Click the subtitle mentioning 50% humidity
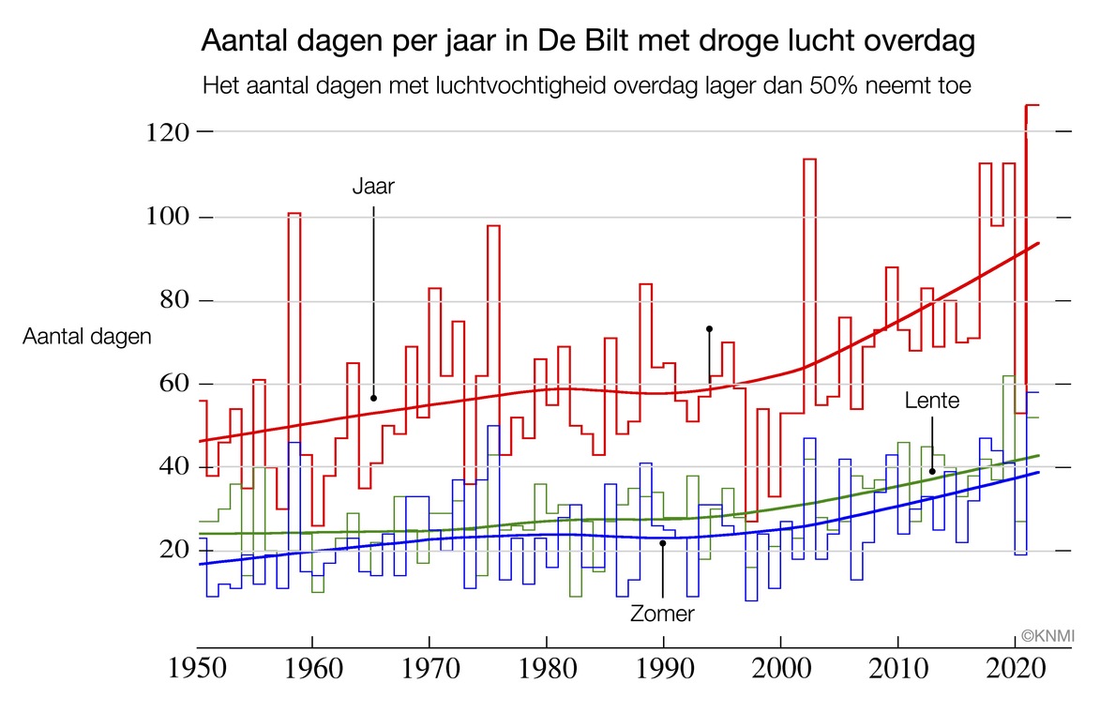(x=587, y=85)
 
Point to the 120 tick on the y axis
(x=166, y=133)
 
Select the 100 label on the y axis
(x=166, y=217)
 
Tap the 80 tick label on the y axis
(x=172, y=301)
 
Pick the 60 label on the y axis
(x=172, y=385)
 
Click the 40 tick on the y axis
(x=172, y=468)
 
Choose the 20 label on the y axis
(x=172, y=551)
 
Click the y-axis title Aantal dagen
(x=86, y=337)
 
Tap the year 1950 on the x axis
(x=197, y=672)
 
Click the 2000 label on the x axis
(x=780, y=672)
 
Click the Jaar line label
(x=373, y=186)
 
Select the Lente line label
(x=932, y=401)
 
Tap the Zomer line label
(x=662, y=614)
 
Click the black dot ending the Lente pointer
(x=932, y=471)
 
